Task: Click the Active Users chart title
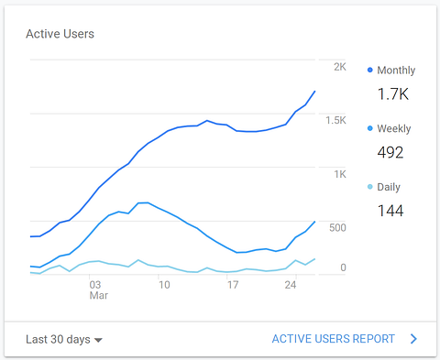[60, 34]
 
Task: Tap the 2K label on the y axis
[340, 67]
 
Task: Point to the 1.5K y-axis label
[335, 120]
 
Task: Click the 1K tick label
[340, 174]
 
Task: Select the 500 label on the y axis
[337, 228]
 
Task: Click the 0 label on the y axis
[343, 267]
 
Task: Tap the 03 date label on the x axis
[95, 285]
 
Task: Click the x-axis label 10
[164, 285]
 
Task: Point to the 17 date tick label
[233, 285]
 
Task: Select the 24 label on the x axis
[291, 285]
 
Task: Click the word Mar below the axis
[99, 296]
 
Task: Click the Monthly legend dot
[370, 70]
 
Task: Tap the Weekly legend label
[394, 128]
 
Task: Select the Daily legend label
[389, 187]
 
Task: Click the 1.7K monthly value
[393, 93]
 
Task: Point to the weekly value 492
[390, 152]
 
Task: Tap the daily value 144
[390, 211]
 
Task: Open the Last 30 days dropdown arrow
[98, 340]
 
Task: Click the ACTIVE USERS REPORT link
[334, 339]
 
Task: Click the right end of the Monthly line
[314, 92]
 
